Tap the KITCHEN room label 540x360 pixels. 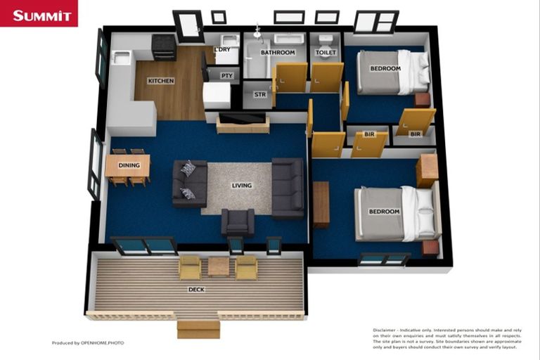point(160,81)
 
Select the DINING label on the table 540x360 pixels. point(129,166)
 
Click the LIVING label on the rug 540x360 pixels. point(241,186)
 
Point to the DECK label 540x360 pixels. point(196,289)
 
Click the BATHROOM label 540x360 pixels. point(278,53)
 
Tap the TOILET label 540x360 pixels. point(326,53)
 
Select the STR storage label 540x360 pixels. point(259,94)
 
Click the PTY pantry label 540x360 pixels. point(226,75)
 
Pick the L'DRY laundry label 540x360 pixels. point(222,49)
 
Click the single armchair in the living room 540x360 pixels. point(238,222)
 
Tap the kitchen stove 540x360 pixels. point(164,46)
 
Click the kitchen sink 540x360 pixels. point(121,58)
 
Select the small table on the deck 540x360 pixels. point(219,266)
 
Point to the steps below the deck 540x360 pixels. point(198,328)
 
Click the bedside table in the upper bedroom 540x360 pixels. point(422,100)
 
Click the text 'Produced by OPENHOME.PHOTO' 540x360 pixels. point(87,343)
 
